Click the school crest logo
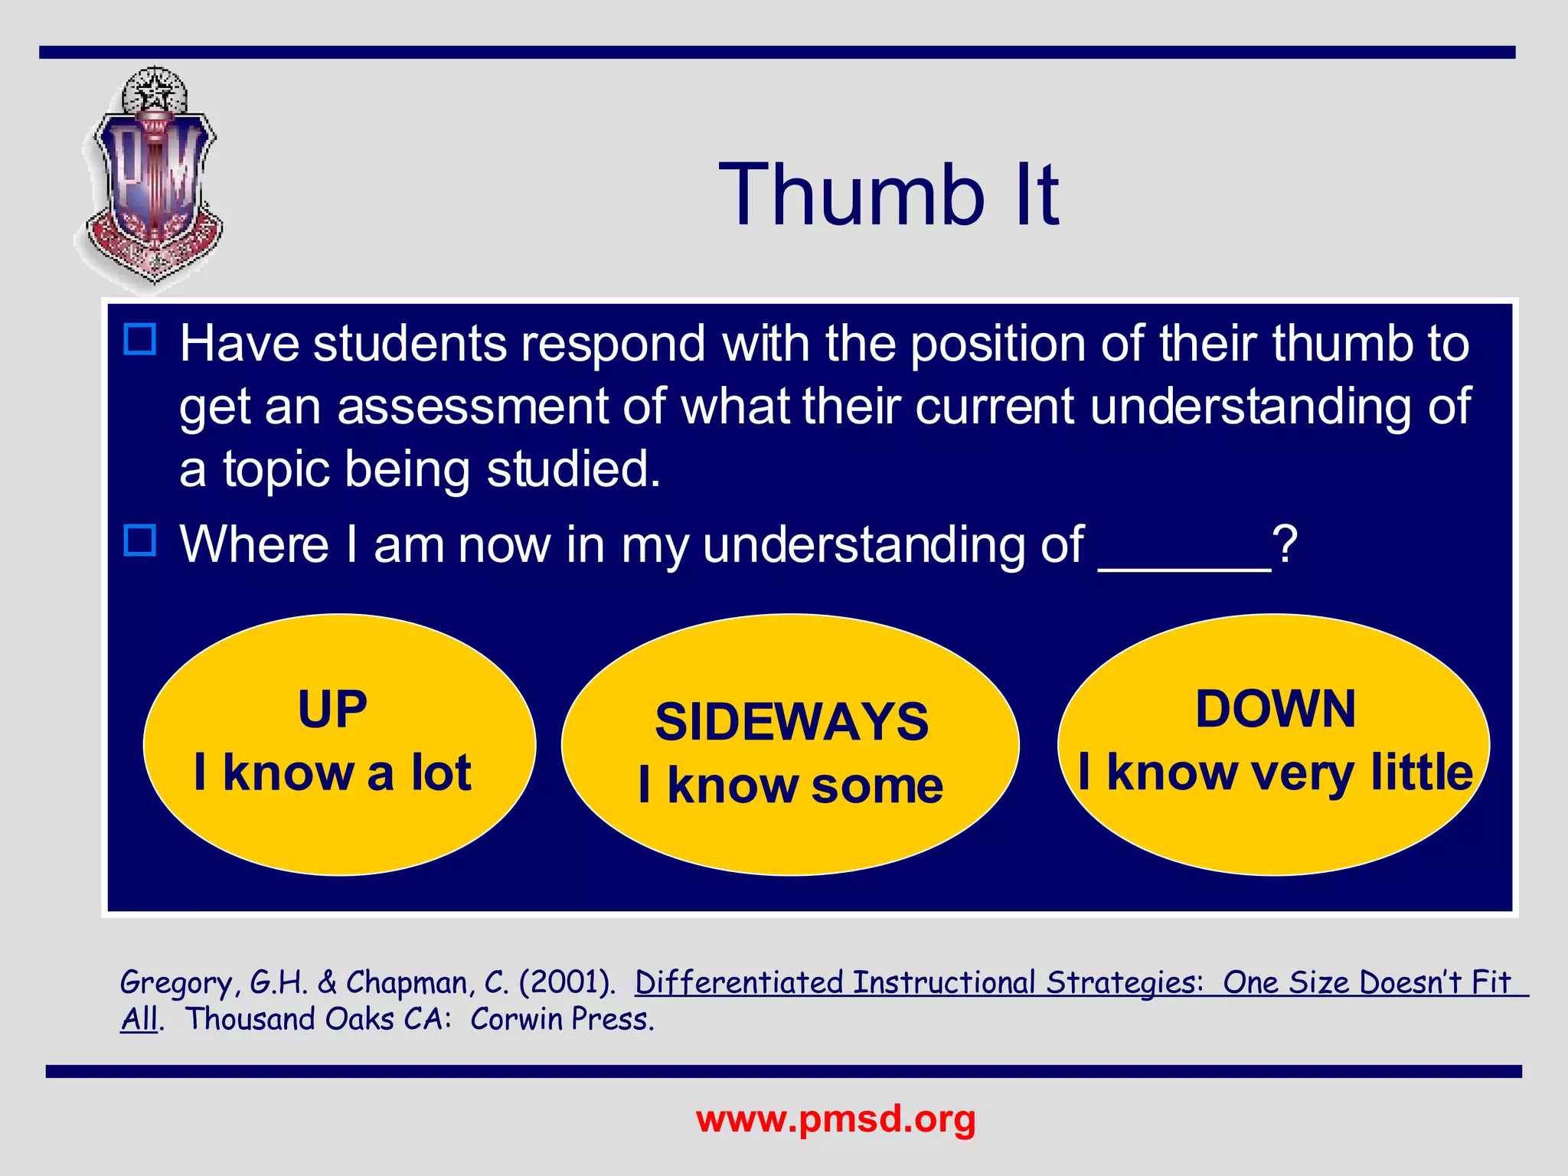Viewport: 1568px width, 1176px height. [x=153, y=180]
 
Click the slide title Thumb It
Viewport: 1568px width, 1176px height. [x=888, y=195]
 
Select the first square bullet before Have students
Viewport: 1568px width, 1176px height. [x=140, y=339]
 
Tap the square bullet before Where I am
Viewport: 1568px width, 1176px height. [x=140, y=540]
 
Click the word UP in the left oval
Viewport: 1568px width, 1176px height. [x=332, y=709]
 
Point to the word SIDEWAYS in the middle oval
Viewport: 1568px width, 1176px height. [x=792, y=722]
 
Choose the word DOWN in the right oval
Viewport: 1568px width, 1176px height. [x=1276, y=709]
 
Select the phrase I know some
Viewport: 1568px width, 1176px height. [x=791, y=786]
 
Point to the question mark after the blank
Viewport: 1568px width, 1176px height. [x=1285, y=545]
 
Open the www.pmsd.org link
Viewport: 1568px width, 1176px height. [x=836, y=1119]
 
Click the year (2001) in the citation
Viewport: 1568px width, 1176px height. [x=567, y=983]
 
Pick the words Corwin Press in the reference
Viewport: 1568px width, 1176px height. [x=562, y=1020]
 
